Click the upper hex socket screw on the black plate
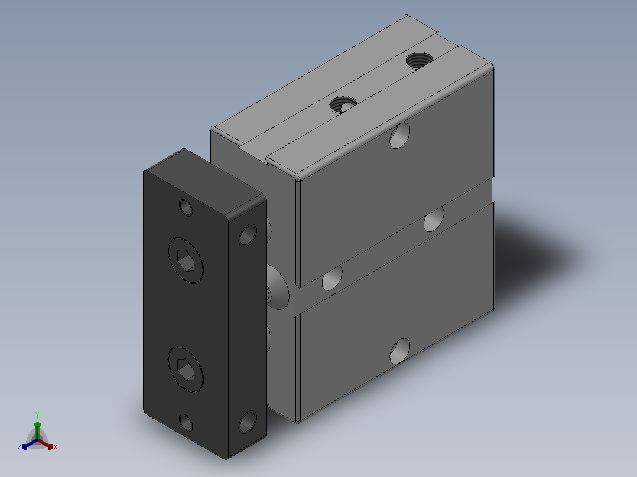pos(186,260)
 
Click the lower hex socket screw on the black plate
pos(186,370)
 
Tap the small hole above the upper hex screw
pos(186,207)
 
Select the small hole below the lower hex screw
pos(186,423)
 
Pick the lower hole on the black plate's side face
pos(248,422)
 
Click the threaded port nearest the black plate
pos(343,104)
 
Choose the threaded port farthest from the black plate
pos(419,60)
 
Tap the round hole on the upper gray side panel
pos(399,135)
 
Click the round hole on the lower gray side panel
pos(399,351)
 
